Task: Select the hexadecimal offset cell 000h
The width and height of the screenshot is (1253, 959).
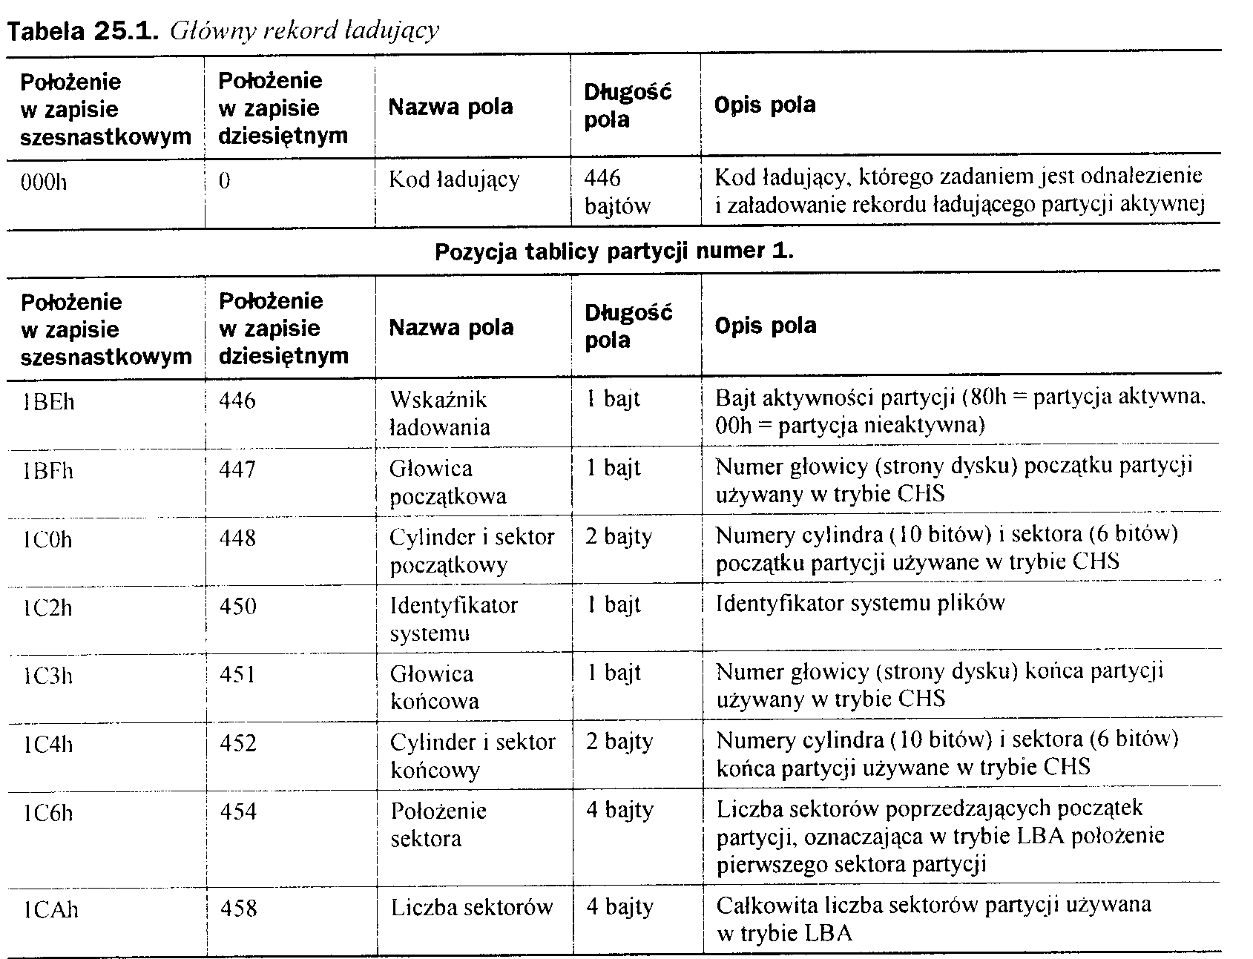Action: [45, 181]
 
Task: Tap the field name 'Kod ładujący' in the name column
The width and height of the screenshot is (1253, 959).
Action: [454, 179]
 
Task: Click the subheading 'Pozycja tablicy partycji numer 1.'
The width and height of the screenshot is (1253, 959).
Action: [614, 251]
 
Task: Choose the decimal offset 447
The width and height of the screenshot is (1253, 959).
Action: [237, 469]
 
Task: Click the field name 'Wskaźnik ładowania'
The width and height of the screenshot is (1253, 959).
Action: [439, 413]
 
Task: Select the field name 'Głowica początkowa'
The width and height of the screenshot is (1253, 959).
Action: [447, 482]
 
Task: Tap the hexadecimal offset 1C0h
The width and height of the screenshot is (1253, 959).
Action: [47, 539]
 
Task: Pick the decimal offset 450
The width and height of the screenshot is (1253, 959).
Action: [238, 607]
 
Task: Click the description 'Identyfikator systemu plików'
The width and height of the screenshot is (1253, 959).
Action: [860, 603]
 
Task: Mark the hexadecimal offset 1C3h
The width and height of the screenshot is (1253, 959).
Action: [48, 676]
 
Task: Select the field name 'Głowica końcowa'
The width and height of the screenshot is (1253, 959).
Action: [434, 687]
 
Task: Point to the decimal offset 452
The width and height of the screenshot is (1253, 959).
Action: [238, 743]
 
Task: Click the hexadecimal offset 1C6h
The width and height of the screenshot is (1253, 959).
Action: [48, 814]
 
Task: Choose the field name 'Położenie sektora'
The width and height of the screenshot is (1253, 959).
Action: [438, 824]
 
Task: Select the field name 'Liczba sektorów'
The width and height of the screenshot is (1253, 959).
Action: [472, 907]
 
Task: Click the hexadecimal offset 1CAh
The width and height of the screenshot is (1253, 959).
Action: [50, 909]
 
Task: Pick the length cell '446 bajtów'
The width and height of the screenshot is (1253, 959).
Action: [617, 192]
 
